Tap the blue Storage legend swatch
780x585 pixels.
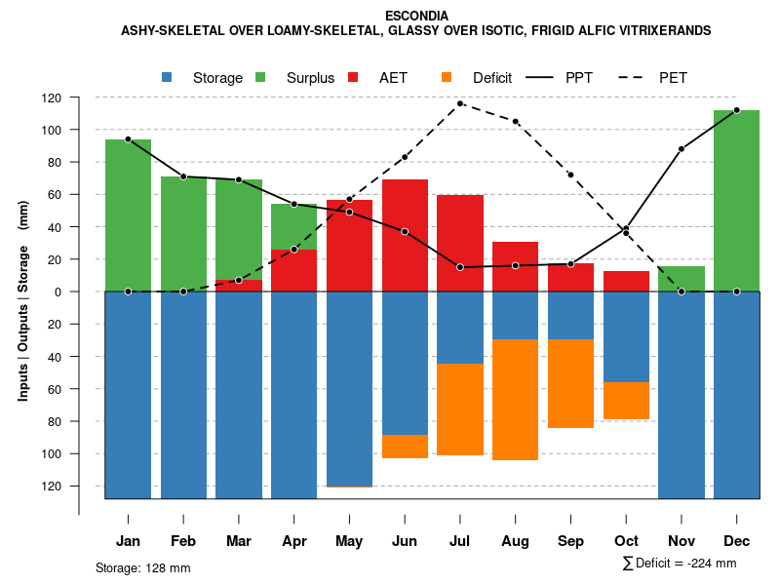pos(168,77)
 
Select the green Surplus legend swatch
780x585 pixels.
pos(260,77)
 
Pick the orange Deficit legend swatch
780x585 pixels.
pos(447,77)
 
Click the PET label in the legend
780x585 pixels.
pos(673,77)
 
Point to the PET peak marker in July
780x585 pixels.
pos(460,103)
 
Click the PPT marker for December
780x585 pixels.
pos(736,110)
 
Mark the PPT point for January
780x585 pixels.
pos(128,139)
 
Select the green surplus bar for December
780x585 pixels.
pos(736,200)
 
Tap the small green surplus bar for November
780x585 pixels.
pos(682,279)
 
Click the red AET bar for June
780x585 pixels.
pos(405,235)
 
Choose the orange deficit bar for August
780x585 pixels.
pos(516,400)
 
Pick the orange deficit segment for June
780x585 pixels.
pos(405,447)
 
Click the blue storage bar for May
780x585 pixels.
pos(349,390)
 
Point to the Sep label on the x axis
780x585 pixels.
pos(570,541)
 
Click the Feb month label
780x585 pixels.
pos(183,541)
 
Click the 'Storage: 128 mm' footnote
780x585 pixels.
pos(142,567)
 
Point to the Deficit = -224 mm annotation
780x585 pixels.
pos(680,564)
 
